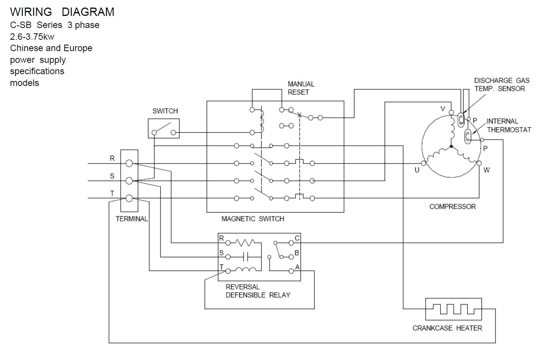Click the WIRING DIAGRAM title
click(x=62, y=12)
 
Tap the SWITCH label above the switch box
click(x=165, y=111)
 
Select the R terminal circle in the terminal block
click(x=129, y=163)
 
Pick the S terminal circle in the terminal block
click(x=129, y=181)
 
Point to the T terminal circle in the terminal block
click(x=129, y=198)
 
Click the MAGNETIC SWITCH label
click(x=253, y=219)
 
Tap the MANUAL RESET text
click(x=301, y=88)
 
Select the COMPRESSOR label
click(x=452, y=207)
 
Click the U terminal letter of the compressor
click(x=417, y=170)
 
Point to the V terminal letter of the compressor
click(x=442, y=109)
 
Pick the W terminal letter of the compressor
click(x=487, y=170)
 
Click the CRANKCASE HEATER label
click(x=447, y=328)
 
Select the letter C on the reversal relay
click(x=297, y=238)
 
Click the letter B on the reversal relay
click(x=297, y=253)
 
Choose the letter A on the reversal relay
click(x=297, y=267)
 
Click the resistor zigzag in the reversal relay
click(x=245, y=242)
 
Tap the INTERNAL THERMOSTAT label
click(x=509, y=126)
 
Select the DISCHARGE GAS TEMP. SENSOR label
click(x=502, y=84)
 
